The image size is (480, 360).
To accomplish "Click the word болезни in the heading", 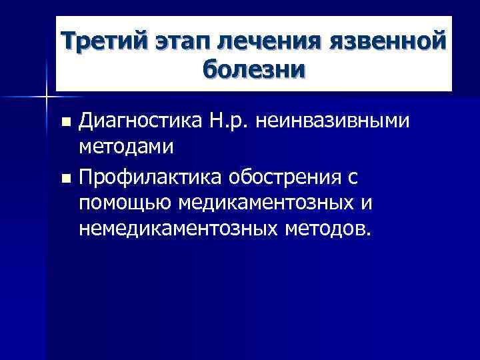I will click(x=253, y=70).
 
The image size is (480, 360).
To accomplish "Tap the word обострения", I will click(x=285, y=178).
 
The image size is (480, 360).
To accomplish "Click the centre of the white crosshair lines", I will click(x=46, y=97).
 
